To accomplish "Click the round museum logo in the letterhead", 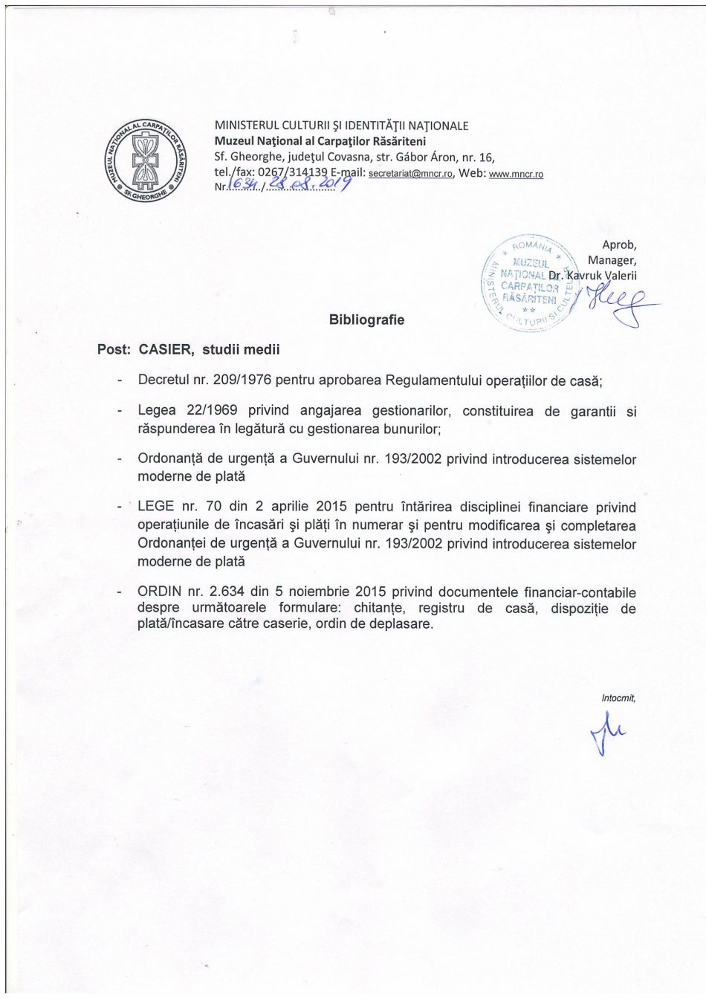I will tap(146, 159).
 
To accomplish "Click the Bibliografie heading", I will tap(366, 320).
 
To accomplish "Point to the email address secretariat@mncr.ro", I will tap(411, 174).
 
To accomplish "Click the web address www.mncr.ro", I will tap(516, 175).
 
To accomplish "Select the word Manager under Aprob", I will tap(612, 260).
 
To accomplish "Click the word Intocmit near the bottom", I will tap(618, 698).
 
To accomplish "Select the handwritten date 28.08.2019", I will tap(305, 183).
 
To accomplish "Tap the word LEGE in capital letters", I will tap(156, 508).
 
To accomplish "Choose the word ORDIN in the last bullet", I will tap(159, 592).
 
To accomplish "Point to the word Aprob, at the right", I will tap(619, 244).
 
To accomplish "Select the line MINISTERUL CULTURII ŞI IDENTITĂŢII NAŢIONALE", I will tap(341, 126).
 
